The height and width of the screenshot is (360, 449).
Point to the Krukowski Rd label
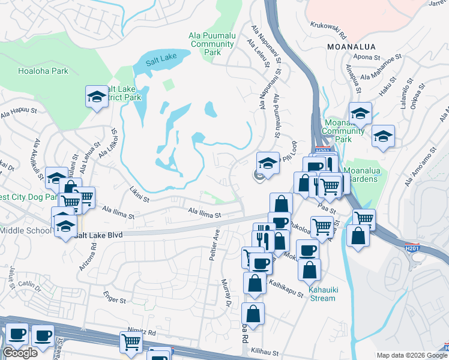(x=329, y=26)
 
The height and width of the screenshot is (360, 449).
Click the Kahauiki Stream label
(x=322, y=294)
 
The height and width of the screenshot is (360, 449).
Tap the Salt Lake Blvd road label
(x=97, y=236)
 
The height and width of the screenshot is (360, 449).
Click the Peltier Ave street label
(x=216, y=242)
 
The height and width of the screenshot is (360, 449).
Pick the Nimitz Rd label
(x=142, y=332)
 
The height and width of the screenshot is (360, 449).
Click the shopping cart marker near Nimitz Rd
(x=130, y=342)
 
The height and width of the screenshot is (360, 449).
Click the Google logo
(x=20, y=353)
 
